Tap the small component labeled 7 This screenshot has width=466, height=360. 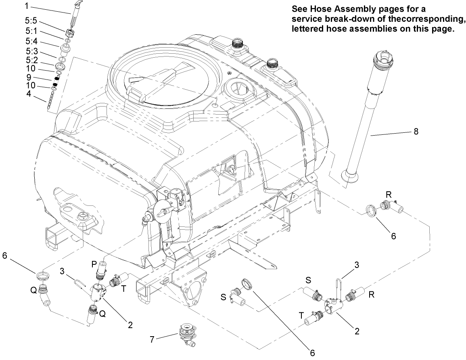coord(186,334)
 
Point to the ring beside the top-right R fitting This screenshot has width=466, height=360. coord(372,211)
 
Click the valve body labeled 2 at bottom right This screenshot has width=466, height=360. coord(333,307)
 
